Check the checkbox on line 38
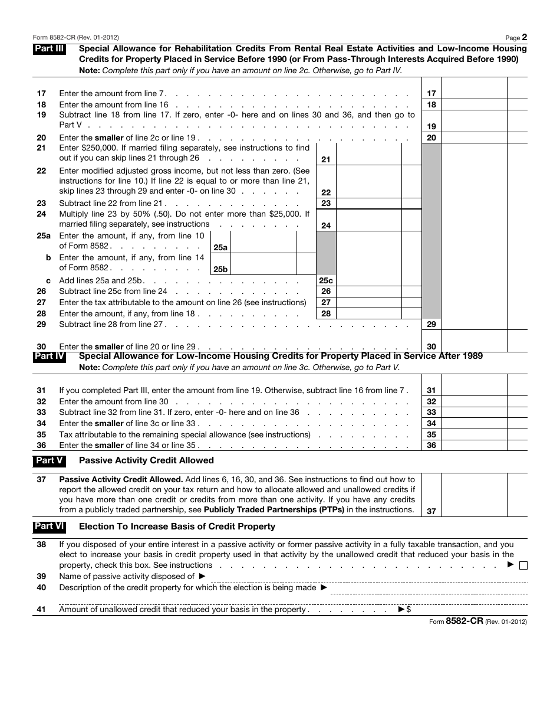523,565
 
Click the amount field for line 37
473,495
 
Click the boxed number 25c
326,281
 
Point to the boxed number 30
431,347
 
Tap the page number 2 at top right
524,37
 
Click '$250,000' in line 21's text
98,148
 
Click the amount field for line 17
473,93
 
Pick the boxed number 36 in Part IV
431,446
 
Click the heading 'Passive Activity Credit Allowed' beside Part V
146,460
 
